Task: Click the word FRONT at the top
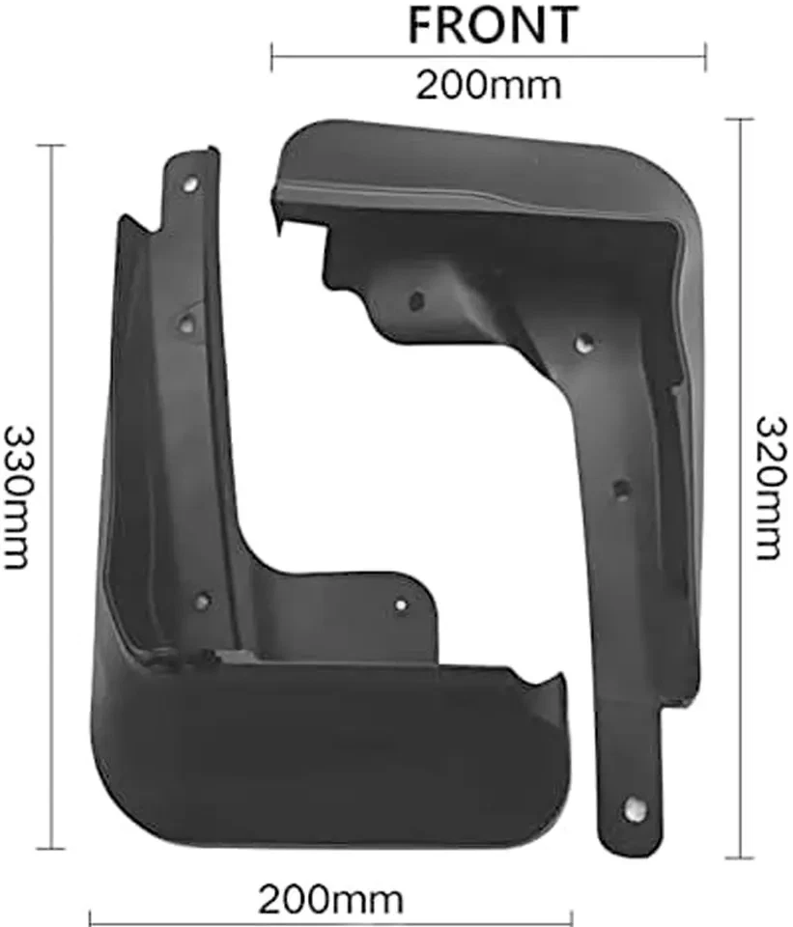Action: coord(493,25)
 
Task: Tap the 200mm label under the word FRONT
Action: coord(488,85)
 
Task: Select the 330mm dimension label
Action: coord(18,497)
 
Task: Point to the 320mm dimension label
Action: coord(769,488)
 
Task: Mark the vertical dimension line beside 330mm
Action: coord(49,483)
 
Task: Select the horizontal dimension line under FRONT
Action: coord(386,57)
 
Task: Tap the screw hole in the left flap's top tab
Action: coord(190,181)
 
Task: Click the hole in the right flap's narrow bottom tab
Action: coord(634,809)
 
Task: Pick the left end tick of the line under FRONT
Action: coord(271,57)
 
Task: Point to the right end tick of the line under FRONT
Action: coord(706,57)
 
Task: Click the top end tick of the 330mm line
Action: coord(49,146)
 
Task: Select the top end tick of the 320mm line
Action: coord(740,120)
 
